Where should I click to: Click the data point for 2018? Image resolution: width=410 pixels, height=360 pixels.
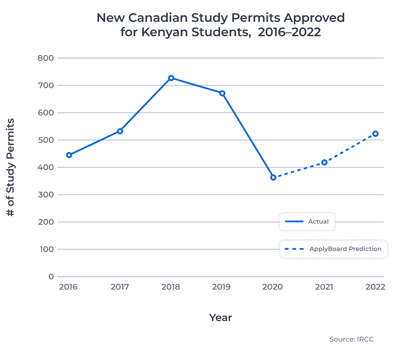[171, 78]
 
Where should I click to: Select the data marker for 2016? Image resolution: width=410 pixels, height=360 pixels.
[69, 155]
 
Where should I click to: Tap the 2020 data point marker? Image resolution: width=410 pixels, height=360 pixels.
[273, 178]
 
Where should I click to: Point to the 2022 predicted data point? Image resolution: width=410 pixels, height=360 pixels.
[375, 134]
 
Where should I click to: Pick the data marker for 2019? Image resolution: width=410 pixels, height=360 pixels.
[222, 93]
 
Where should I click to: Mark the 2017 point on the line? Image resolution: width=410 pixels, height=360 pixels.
[120, 131]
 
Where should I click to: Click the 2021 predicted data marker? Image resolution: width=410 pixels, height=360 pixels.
[324, 163]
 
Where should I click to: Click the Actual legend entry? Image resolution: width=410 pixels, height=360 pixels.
[307, 222]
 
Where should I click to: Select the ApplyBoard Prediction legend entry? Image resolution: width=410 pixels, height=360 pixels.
[333, 249]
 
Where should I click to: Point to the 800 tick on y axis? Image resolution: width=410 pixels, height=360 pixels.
[46, 58]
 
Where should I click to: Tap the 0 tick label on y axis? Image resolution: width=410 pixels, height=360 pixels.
[51, 277]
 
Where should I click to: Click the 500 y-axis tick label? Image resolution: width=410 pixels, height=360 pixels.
[46, 140]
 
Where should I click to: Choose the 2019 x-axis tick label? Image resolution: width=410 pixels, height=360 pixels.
[221, 287]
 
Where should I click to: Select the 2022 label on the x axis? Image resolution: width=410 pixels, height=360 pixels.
[375, 287]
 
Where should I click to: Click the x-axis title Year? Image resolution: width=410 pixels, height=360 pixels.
[221, 318]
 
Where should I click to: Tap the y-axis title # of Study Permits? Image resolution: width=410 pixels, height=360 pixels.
[11, 167]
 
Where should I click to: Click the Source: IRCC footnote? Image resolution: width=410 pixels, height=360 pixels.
[352, 339]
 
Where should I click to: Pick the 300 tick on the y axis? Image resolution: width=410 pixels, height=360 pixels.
[46, 195]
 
